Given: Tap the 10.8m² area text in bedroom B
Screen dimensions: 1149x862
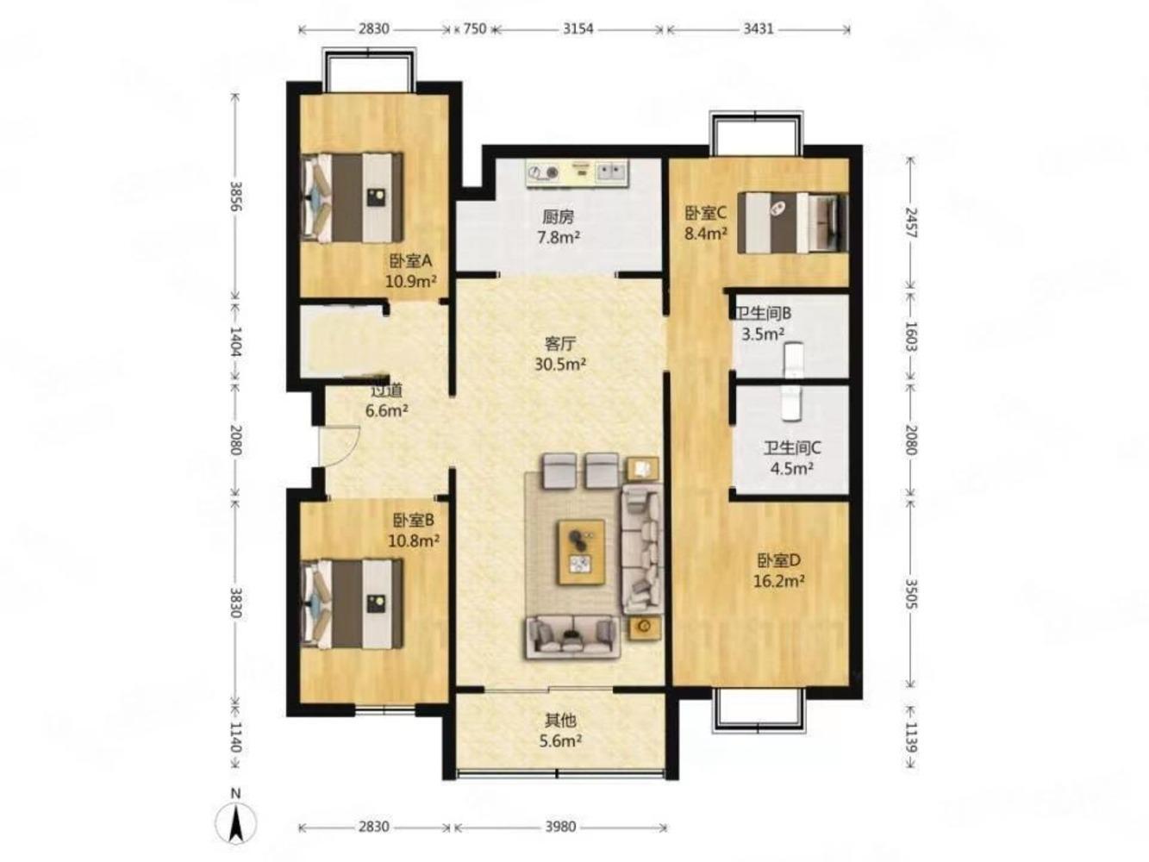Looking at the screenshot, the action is (413, 540).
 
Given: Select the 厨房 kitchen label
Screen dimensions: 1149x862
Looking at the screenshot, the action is (558, 216).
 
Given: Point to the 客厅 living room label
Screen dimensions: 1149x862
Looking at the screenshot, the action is (559, 344).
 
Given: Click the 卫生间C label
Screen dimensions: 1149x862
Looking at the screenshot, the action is (791, 448).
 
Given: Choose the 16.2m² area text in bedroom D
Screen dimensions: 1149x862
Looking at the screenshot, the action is (778, 581).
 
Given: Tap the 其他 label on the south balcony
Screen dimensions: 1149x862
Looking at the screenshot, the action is (560, 721).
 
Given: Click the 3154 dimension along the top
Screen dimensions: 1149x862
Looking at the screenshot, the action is (578, 28).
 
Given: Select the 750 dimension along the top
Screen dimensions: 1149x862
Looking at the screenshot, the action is (475, 28).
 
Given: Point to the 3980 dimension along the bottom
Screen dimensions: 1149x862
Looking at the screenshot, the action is (560, 827).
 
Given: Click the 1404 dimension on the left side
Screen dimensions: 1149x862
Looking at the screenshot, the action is (235, 341).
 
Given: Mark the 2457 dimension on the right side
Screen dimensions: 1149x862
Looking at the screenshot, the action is (911, 222).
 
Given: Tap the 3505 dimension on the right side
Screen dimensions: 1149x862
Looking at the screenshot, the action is (911, 594).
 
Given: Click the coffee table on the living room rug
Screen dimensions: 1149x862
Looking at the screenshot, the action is (580, 552).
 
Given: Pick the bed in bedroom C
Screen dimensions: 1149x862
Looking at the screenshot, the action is (791, 222).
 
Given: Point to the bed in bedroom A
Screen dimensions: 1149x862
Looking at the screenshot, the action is (353, 197).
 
